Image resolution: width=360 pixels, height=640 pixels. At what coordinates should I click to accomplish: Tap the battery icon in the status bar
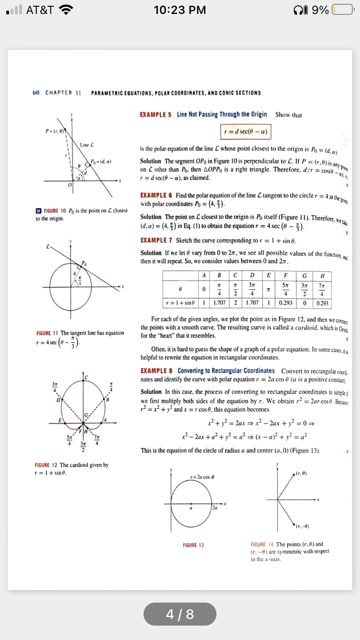click(342, 10)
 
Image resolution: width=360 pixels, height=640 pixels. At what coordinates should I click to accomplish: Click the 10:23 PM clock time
click(180, 10)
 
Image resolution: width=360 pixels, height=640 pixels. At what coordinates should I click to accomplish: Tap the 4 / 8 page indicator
click(180, 614)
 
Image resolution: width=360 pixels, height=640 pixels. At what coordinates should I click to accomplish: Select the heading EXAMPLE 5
click(156, 115)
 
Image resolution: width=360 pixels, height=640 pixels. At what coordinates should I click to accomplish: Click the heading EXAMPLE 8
click(156, 371)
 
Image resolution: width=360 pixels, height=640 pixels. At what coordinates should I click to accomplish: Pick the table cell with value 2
click(236, 304)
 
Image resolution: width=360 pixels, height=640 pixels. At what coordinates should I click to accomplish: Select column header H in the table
click(322, 275)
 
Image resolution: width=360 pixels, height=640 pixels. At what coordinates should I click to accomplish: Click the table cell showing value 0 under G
click(304, 304)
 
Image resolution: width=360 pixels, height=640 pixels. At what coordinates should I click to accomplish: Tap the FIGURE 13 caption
click(193, 545)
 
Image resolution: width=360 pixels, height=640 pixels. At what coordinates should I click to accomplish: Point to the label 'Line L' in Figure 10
click(86, 144)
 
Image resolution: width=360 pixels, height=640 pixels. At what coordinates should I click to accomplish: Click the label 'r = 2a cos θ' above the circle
click(203, 476)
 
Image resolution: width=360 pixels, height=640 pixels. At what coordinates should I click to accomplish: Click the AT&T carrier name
click(39, 10)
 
